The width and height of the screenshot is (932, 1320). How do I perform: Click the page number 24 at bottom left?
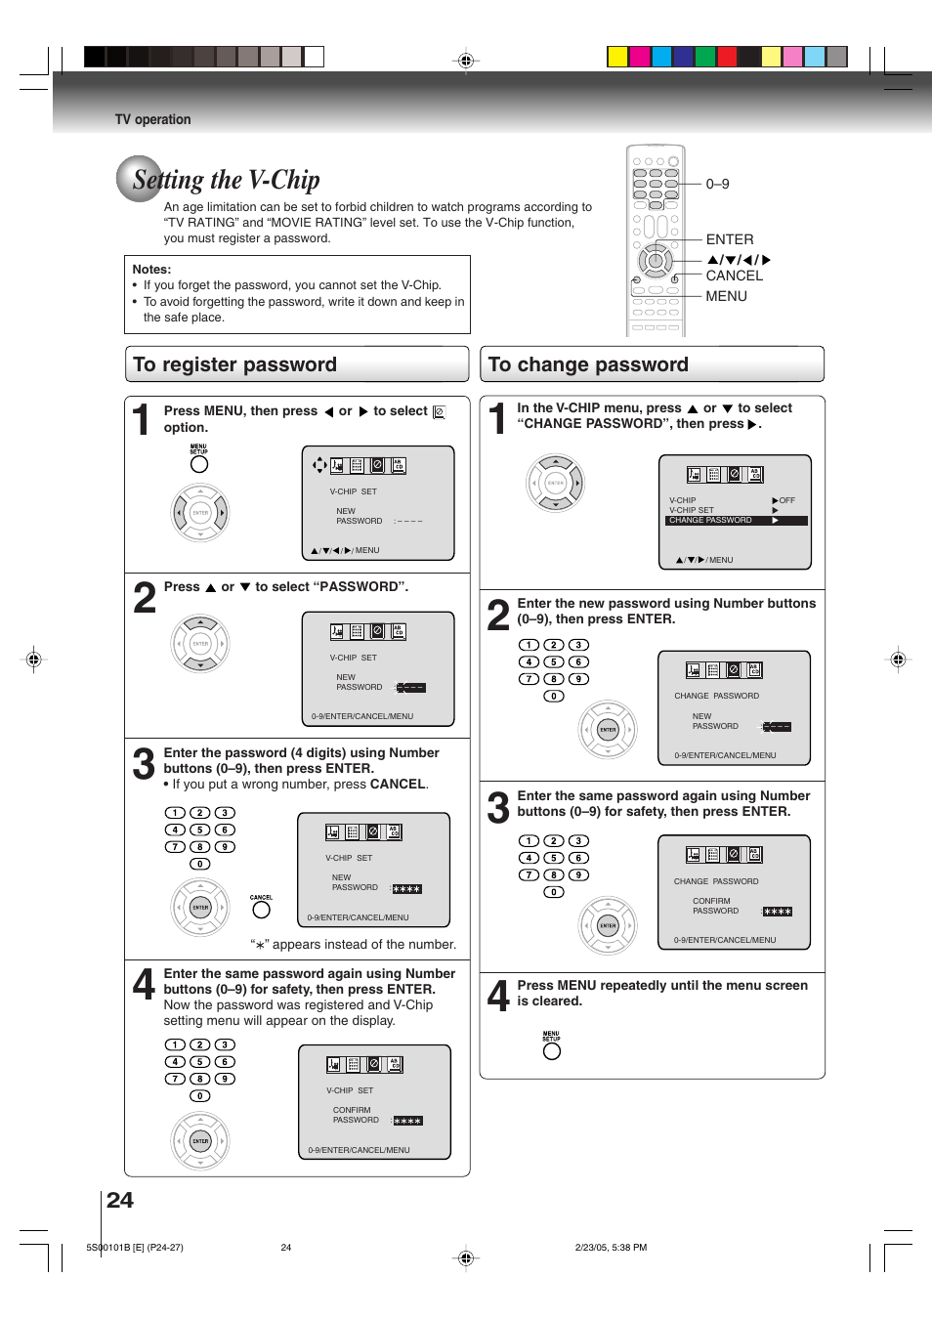120,1200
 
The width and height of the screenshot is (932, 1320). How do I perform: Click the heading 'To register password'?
234,364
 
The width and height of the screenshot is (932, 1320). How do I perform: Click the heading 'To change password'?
588,364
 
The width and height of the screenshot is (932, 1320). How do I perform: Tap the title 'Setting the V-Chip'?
226,180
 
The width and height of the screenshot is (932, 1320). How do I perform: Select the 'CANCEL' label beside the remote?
734,276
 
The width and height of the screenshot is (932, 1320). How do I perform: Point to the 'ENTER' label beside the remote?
729,239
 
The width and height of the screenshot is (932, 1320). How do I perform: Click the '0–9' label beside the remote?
717,184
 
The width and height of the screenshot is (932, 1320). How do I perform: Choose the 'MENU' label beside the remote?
726,296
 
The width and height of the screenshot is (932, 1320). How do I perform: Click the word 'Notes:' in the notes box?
151,270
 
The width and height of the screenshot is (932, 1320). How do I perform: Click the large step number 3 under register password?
144,764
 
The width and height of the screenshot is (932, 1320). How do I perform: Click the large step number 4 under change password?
498,996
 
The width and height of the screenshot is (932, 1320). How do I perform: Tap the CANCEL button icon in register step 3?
261,910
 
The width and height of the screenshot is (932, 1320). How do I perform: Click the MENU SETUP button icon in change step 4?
552,1051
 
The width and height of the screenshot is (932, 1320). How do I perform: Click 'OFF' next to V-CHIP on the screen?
786,500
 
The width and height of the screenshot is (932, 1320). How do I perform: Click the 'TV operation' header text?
152,119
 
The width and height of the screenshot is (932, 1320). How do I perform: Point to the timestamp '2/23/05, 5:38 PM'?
611,1247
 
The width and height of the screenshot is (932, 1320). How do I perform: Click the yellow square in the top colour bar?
617,57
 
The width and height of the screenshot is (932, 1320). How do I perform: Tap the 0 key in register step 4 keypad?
199,1096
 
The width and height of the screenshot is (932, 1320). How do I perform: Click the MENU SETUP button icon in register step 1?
199,464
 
